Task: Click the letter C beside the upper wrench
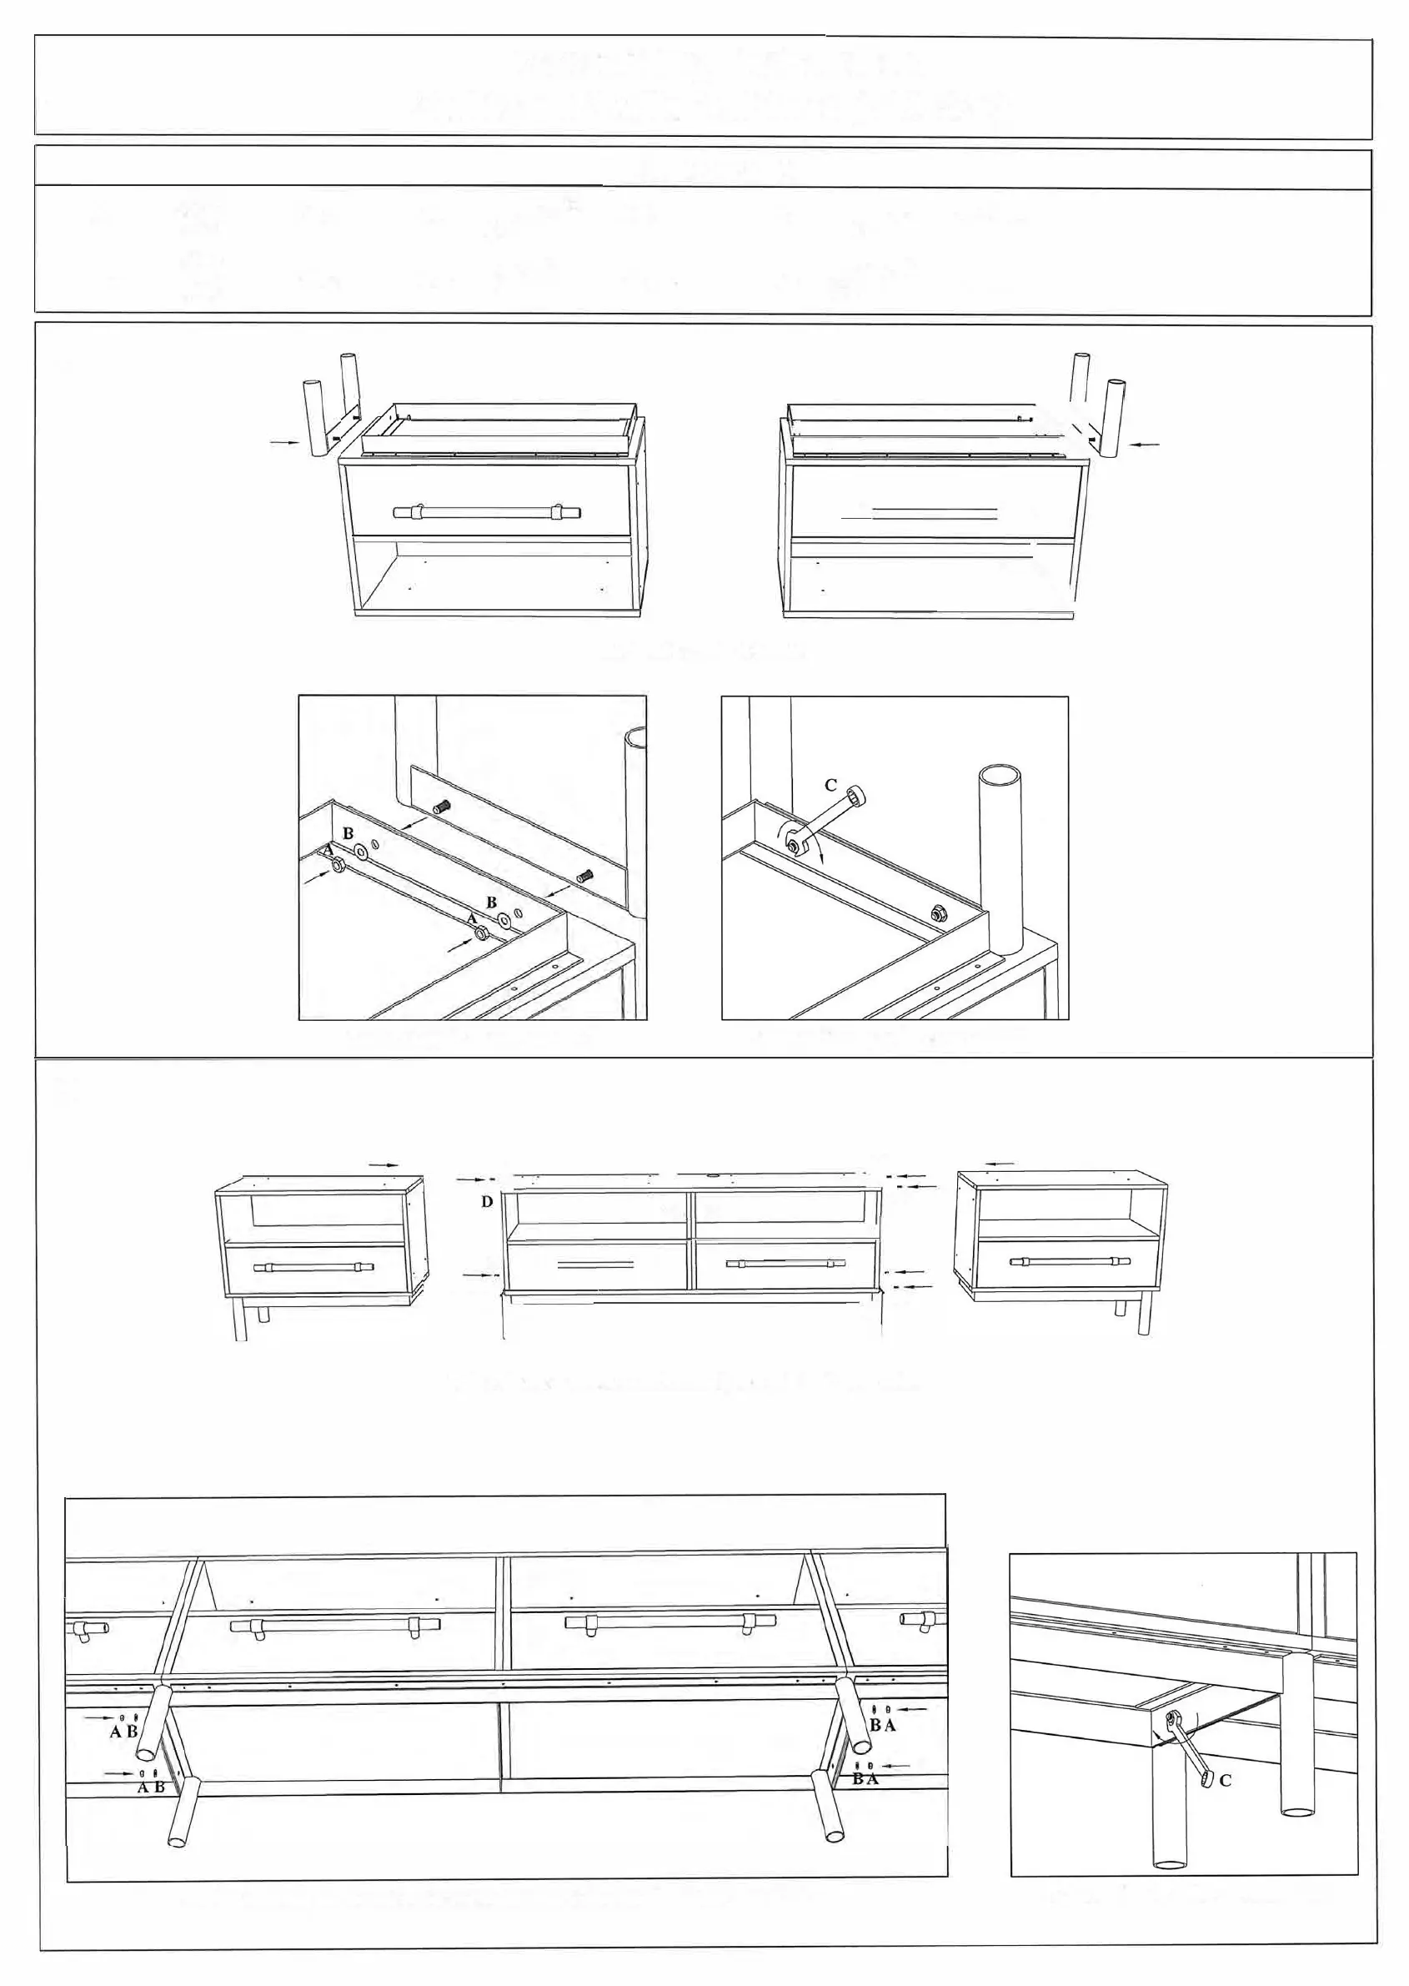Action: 830,786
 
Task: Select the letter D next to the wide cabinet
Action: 487,1201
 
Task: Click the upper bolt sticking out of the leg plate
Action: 444,807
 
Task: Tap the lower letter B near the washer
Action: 491,902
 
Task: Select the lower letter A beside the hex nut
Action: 472,918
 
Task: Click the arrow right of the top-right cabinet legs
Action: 1146,445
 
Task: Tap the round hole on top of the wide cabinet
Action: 711,1175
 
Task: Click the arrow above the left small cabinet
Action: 384,1165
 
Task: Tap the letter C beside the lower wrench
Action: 1225,1780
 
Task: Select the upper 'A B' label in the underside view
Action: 123,1731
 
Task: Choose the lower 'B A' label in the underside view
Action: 865,1778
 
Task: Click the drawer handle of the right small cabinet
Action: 1067,1261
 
